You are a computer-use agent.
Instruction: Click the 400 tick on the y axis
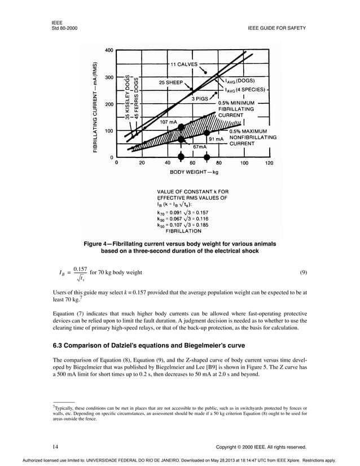(x=108, y=50)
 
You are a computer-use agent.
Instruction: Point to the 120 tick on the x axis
(x=269, y=164)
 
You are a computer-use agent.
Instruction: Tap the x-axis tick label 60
(x=193, y=164)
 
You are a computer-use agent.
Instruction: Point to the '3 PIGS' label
(x=200, y=99)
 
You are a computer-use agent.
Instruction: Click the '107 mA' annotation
(x=169, y=121)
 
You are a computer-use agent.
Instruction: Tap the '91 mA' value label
(x=217, y=138)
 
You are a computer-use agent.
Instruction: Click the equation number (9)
(x=303, y=272)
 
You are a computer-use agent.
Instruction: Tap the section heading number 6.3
(x=59, y=345)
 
